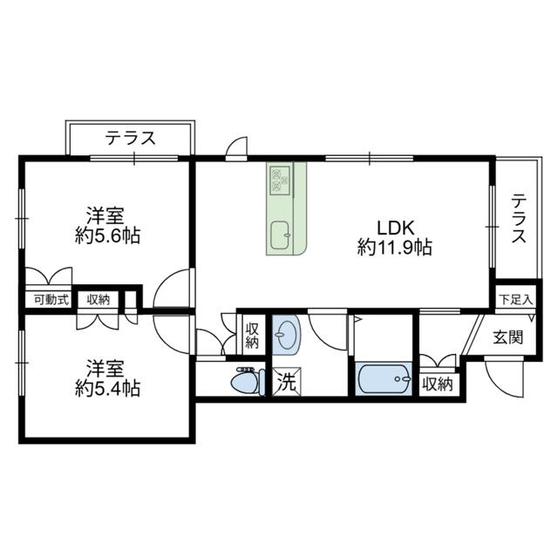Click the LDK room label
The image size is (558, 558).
(x=396, y=228)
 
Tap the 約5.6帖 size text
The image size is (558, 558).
(x=107, y=235)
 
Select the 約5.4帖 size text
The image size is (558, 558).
(x=107, y=388)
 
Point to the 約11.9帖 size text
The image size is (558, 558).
(x=395, y=247)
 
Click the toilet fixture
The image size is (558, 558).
(x=248, y=382)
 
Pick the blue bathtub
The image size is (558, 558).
(x=384, y=378)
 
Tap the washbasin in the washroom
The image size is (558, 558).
(x=287, y=335)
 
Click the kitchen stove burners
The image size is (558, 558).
(x=281, y=180)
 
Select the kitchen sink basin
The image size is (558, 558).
(x=281, y=235)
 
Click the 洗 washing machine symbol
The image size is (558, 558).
(x=287, y=382)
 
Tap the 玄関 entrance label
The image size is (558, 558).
(x=508, y=337)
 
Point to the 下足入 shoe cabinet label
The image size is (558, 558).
(x=515, y=300)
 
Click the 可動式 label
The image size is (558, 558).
(x=51, y=300)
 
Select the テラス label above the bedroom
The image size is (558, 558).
(x=131, y=138)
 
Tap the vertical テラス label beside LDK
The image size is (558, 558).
(x=519, y=218)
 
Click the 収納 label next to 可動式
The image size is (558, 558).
(x=99, y=300)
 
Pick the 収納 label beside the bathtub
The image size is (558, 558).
(x=438, y=384)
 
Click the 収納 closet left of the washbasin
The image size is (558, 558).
(x=252, y=335)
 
